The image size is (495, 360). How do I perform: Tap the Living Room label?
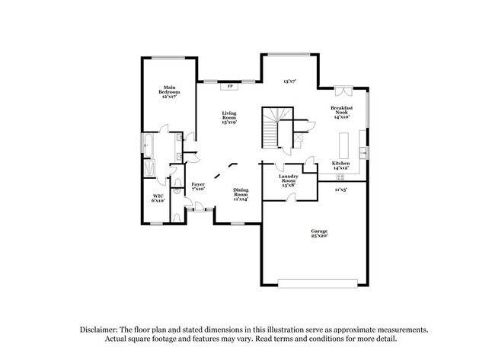tap(229, 117)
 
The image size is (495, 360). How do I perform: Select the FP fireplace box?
tap(230, 87)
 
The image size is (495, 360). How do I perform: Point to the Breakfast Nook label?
tap(340, 113)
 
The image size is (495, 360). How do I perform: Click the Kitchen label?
tap(340, 165)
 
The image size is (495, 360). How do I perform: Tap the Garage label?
tap(319, 233)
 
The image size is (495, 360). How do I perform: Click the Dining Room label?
tap(241, 195)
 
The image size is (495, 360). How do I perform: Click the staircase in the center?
tap(272, 127)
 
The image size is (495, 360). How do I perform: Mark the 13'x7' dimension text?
tap(289, 80)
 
